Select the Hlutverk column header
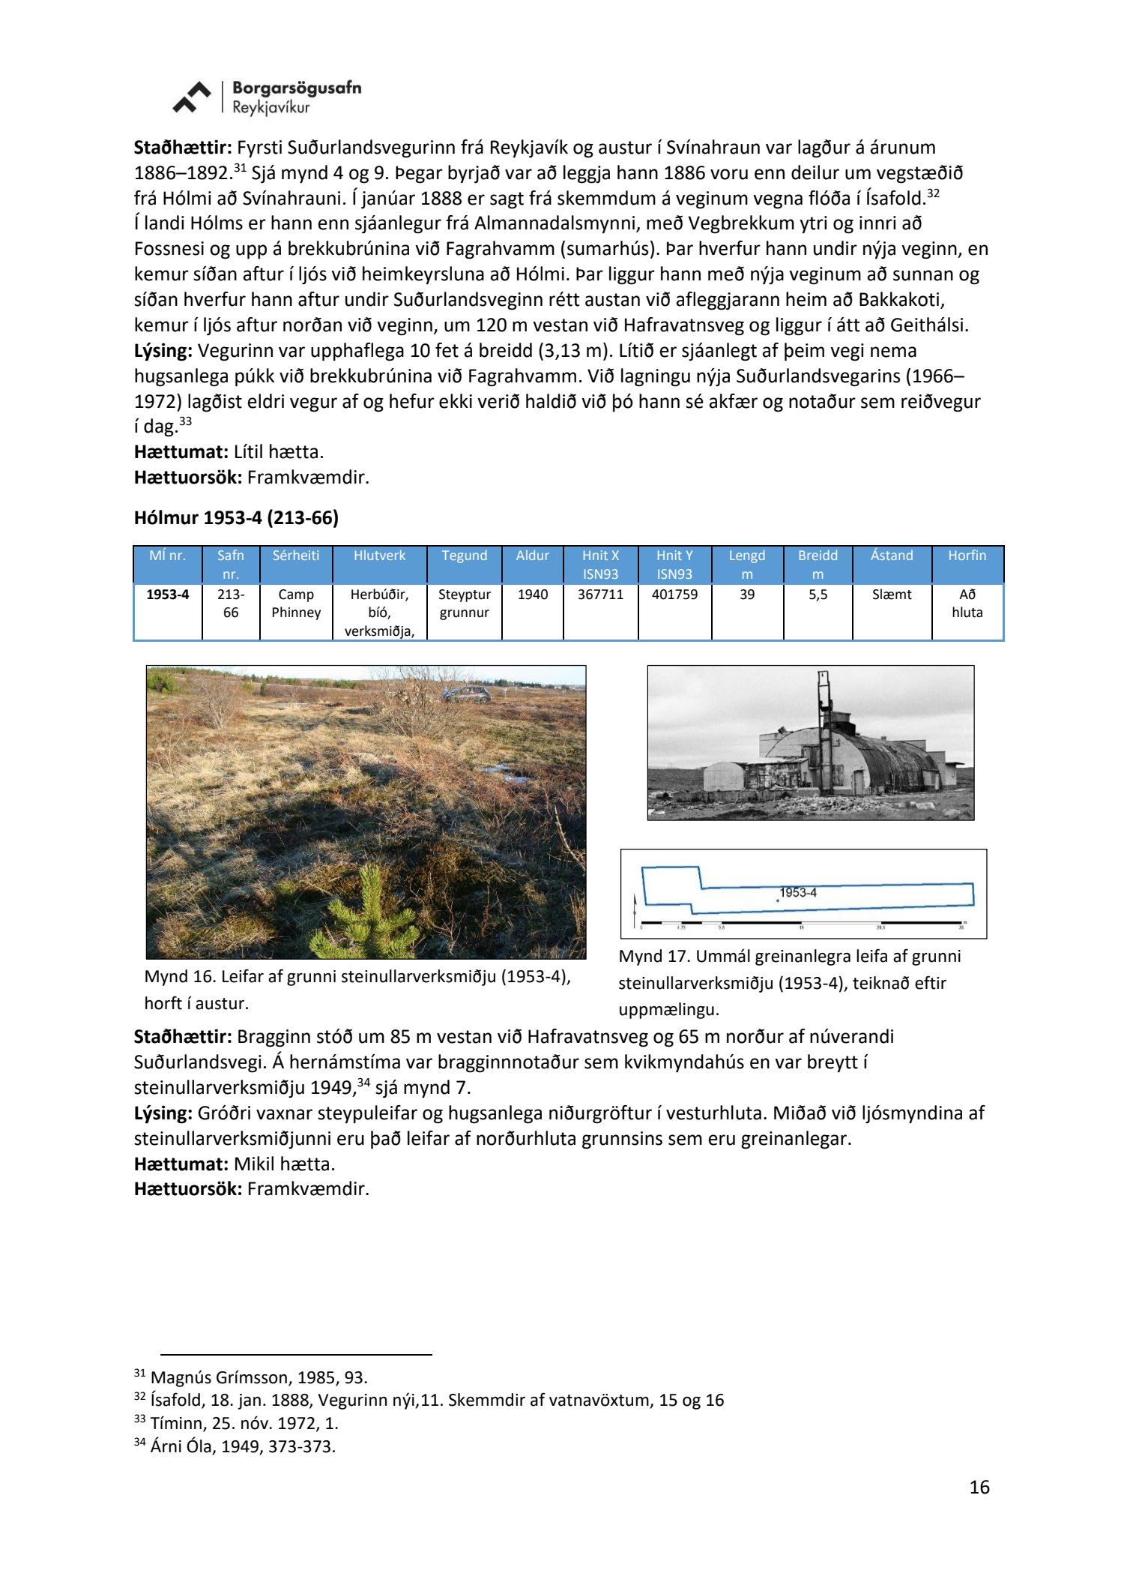(x=380, y=556)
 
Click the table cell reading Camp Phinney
(x=296, y=604)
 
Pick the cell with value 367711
(x=600, y=595)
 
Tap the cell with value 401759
(x=674, y=595)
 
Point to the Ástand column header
(x=892, y=556)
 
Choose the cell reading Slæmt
(x=892, y=595)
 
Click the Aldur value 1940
(x=532, y=595)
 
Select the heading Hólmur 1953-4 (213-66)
(x=236, y=517)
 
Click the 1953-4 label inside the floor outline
(x=797, y=892)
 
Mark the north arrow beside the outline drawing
(x=635, y=909)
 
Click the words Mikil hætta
(x=284, y=1164)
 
